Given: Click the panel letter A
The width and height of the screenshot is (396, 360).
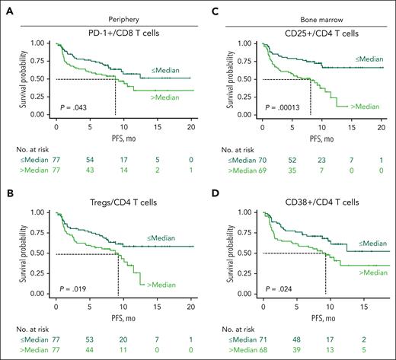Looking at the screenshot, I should pos(8,8).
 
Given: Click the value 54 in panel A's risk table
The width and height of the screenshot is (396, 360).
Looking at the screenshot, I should pos(88,161).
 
